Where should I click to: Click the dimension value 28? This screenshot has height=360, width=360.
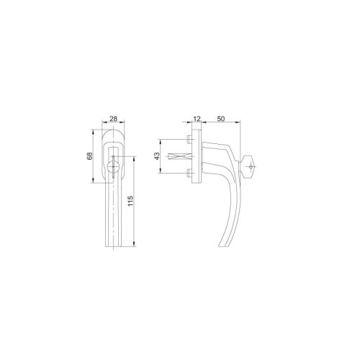coord(113,119)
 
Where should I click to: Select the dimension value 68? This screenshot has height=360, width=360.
coord(89,156)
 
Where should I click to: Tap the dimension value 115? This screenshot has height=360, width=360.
coord(130,201)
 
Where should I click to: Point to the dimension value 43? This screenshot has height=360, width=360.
coord(157,156)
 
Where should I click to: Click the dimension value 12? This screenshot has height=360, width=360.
coord(197,119)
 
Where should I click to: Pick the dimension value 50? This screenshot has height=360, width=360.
coord(221,119)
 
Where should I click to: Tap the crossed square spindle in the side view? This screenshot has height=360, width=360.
coord(180,156)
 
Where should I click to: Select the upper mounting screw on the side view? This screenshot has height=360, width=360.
coord(189,139)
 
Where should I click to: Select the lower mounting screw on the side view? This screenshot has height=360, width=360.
coord(189,173)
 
